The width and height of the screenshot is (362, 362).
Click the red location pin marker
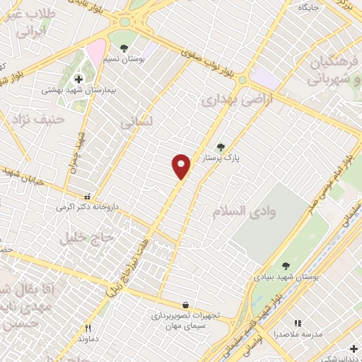coord(181,166)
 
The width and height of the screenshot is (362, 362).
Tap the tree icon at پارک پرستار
coord(221,147)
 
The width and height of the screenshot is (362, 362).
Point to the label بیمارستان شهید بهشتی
coord(78,90)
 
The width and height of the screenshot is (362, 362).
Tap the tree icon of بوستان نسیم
coord(124,48)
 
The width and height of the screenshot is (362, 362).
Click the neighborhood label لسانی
coord(136,122)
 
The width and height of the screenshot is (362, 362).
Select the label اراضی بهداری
coord(227,100)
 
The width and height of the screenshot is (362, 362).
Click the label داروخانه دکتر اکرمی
coord(85,209)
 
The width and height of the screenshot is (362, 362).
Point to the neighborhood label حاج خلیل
coord(87,238)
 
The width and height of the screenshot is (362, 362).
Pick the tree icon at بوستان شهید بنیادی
coord(286,266)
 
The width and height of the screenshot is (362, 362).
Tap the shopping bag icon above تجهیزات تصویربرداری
coord(185,305)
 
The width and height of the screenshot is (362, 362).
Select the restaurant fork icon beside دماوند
coord(88,328)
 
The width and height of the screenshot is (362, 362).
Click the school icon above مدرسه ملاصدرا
coord(297,322)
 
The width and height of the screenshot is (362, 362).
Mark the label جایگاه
coord(309,7)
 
